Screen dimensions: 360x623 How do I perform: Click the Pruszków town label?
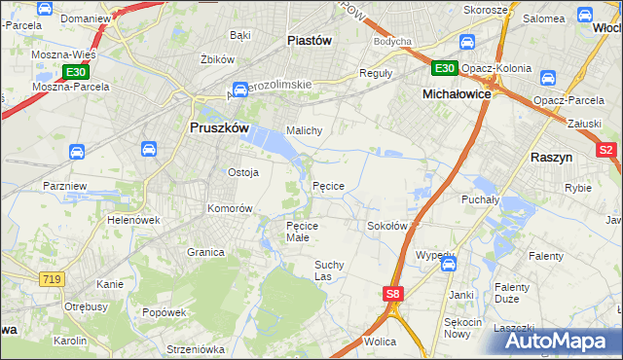[x=218, y=127]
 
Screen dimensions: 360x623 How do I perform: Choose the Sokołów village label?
[x=386, y=226]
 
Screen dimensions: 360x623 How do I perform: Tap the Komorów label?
[x=230, y=208]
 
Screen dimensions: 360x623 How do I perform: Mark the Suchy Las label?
[x=329, y=270]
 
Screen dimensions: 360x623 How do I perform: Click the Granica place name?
[x=206, y=252]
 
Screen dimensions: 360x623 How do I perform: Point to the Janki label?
[x=460, y=294]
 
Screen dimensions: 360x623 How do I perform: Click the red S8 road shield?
[x=392, y=294]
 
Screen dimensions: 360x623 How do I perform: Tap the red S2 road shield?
[x=605, y=151]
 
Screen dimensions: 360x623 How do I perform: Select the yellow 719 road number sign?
[x=53, y=279]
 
